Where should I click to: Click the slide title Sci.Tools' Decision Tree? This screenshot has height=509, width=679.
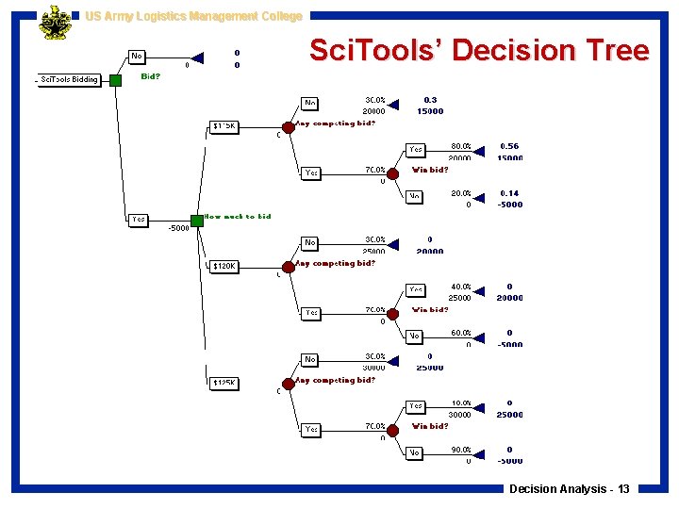pos(479,50)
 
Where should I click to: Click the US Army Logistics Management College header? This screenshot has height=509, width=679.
pos(193,16)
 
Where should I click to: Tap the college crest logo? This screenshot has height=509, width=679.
pos(54,23)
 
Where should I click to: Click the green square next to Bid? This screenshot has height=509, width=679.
pos(115,80)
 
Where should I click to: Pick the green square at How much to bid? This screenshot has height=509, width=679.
pos(197,220)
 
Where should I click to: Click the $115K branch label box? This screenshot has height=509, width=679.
pos(224,125)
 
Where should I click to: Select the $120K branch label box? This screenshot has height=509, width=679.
pos(224,267)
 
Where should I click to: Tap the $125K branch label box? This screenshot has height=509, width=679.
pos(224,383)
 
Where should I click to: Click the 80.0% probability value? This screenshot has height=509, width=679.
pos(461,146)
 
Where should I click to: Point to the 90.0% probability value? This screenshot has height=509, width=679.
pos(461,450)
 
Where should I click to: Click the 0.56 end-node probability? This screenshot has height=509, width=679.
pos(509,146)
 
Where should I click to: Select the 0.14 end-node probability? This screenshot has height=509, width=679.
pos(509,193)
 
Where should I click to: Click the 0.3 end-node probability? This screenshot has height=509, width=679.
pos(430,99)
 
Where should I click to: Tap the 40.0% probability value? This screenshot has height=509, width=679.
pos(461,287)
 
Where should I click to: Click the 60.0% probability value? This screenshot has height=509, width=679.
pos(461,333)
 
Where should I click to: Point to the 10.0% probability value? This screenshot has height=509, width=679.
pos(461,402)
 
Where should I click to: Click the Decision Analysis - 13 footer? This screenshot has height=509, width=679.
pos(570,489)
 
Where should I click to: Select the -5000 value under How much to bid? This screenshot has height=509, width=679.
pos(179,228)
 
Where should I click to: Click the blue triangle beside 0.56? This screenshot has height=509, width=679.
pos(481,151)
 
